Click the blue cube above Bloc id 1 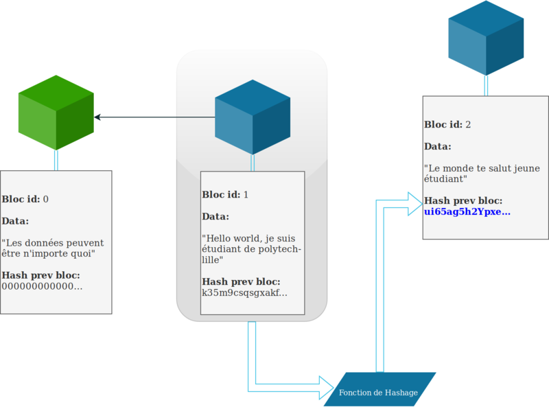pyautogui.click(x=253, y=116)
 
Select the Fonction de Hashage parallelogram pyautogui.click(x=379, y=389)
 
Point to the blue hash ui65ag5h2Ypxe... pyautogui.click(x=467, y=212)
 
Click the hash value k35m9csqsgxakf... pyautogui.click(x=244, y=293)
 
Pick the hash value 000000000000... pyautogui.click(x=42, y=286)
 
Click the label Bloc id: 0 pyautogui.click(x=25, y=199)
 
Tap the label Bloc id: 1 pyautogui.click(x=225, y=194)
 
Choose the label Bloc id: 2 pyautogui.click(x=447, y=124)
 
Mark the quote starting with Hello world pyautogui.click(x=252, y=249)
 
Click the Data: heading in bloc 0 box pyautogui.click(x=15, y=221)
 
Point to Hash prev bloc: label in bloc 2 pyautogui.click(x=463, y=201)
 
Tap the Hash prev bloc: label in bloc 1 pyautogui.click(x=241, y=282)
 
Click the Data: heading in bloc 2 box pyautogui.click(x=438, y=146)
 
